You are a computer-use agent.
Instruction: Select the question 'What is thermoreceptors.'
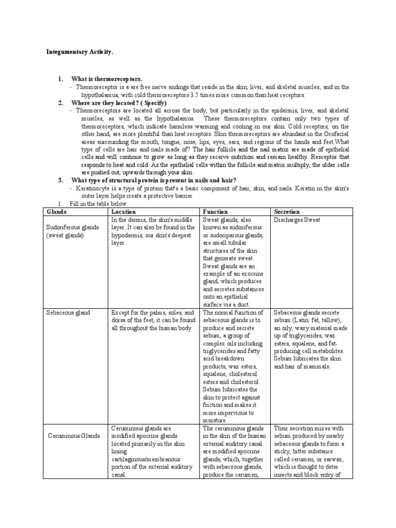[106, 79]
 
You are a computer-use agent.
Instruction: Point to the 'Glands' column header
[54, 211]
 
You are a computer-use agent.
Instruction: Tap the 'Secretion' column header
[287, 211]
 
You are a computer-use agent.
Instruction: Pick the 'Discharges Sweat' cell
[297, 220]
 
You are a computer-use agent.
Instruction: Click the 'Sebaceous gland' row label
[68, 312]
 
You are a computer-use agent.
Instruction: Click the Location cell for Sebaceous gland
[153, 320]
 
